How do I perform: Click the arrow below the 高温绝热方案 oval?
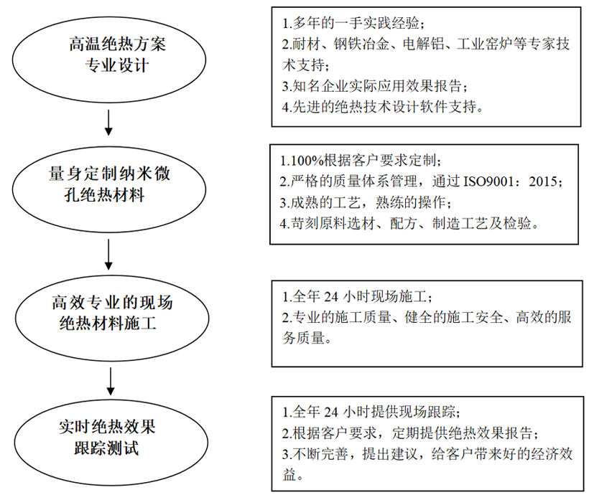(108, 123)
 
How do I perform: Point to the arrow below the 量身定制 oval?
(108, 255)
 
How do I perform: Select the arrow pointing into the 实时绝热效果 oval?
(111, 381)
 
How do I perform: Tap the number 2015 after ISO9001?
(543, 182)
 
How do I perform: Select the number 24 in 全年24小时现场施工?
(331, 297)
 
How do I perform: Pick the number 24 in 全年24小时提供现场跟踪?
(331, 412)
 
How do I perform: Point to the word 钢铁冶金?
(361, 44)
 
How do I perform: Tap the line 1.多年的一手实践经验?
(353, 23)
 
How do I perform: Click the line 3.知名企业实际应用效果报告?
(375, 86)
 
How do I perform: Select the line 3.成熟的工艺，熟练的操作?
(366, 203)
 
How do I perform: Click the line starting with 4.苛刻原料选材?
(410, 224)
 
